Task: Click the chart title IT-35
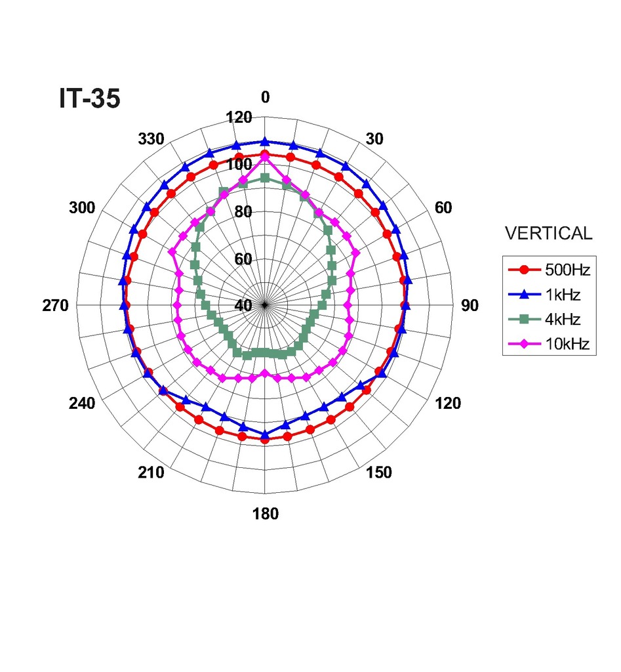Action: tap(89, 98)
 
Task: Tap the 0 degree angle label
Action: tap(265, 97)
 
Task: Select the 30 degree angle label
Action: tap(374, 139)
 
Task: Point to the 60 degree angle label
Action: tap(443, 208)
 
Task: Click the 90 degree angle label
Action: tap(470, 306)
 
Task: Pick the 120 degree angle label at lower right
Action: tap(448, 404)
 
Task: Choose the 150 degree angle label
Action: tap(379, 472)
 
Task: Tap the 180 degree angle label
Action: tap(265, 514)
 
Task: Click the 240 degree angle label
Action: tap(82, 404)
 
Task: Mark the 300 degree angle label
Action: tap(82, 208)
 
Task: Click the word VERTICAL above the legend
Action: tap(548, 233)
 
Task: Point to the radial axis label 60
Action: tap(243, 259)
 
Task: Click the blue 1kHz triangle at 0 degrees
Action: tap(265, 141)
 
